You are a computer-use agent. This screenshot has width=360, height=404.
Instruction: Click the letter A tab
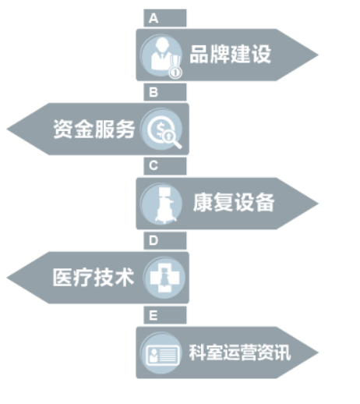(165, 18)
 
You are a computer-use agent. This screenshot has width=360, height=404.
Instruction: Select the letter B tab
(165, 92)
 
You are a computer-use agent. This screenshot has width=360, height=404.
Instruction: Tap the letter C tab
(165, 166)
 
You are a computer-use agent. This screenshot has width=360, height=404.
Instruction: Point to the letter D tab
(165, 241)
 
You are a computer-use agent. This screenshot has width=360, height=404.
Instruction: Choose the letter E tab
(165, 315)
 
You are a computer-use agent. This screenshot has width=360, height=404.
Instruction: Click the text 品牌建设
(231, 55)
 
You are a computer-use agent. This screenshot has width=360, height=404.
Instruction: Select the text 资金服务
(94, 129)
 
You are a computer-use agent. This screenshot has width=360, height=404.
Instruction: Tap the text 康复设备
(234, 203)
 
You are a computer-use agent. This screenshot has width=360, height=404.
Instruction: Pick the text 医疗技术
(94, 278)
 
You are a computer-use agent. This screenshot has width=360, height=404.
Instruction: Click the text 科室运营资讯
(240, 353)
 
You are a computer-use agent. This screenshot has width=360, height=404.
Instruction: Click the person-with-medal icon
(161, 56)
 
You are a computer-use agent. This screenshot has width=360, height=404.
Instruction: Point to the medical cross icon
(164, 278)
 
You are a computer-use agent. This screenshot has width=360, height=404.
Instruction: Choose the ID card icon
(161, 353)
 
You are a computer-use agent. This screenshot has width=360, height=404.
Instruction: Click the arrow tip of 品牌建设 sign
(318, 55)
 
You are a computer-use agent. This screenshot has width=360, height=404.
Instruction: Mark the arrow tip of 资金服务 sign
(7, 129)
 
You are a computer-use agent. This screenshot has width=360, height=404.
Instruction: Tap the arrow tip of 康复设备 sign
(318, 204)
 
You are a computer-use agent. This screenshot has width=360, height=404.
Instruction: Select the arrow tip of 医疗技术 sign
(7, 278)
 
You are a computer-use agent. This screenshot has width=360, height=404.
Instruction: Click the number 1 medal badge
(175, 73)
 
